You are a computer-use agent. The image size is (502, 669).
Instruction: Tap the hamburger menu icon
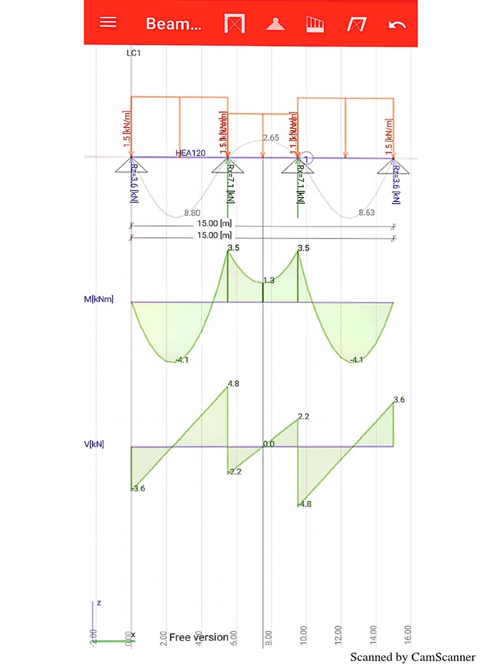coord(108,22)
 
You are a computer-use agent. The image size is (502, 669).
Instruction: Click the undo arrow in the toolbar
coord(397,25)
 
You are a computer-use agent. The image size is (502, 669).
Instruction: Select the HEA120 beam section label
coord(190,153)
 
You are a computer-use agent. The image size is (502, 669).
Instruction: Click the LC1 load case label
coord(133,53)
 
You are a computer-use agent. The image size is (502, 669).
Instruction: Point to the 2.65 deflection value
coord(271,138)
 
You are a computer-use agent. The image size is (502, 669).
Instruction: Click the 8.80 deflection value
coord(192,212)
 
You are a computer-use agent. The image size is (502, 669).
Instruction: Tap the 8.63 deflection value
coord(367,212)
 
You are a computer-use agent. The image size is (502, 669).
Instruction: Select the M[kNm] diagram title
coord(99,299)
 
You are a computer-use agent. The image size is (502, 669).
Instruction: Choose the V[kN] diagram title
coord(94,444)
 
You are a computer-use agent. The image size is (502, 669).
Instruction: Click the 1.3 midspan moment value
coord(269,280)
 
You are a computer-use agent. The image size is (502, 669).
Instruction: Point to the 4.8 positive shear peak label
coord(233,383)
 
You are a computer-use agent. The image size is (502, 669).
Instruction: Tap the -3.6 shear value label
coord(137,488)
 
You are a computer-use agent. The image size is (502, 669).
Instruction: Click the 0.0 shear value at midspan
coord(269,444)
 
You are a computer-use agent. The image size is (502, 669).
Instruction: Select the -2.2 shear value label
coord(235,471)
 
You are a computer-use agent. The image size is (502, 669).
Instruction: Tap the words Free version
coord(199,637)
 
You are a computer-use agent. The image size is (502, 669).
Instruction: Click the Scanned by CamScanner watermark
coord(412,657)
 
